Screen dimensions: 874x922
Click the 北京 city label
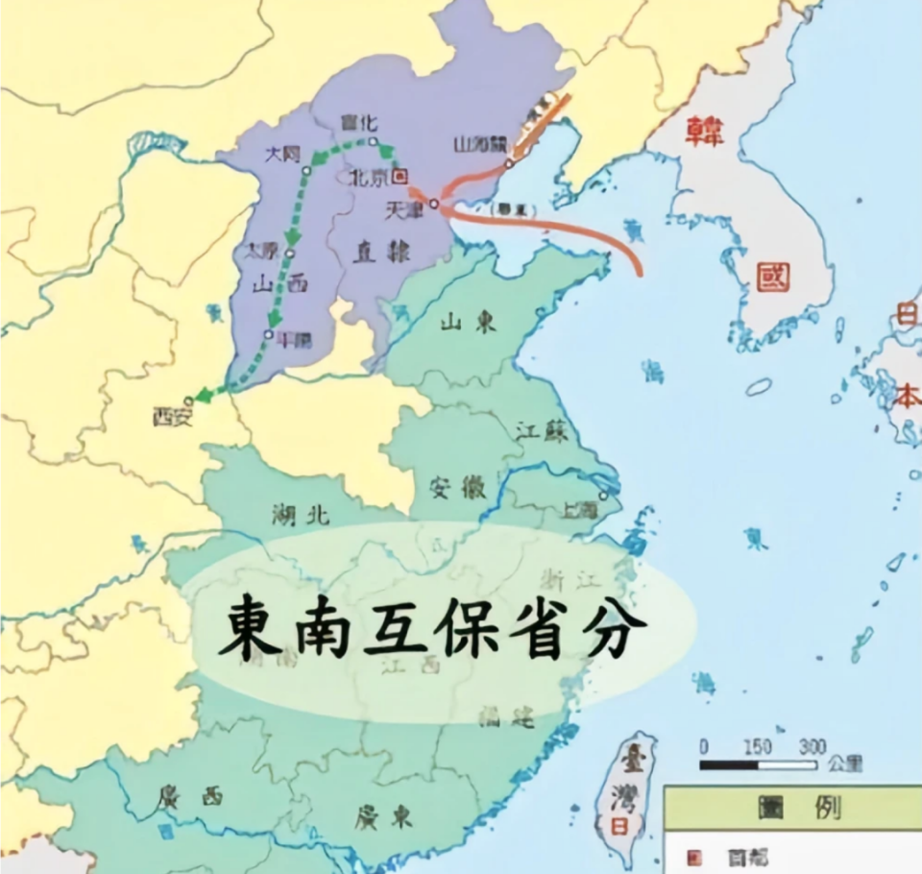[x=369, y=178]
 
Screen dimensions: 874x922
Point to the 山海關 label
[x=477, y=145]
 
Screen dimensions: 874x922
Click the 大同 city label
[x=283, y=154]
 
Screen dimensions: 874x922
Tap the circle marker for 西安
[x=189, y=400]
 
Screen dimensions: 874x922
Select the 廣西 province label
[x=192, y=796]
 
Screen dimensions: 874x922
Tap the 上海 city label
[x=582, y=510]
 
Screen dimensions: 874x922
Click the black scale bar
[x=759, y=765]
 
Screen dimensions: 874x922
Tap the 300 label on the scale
[x=812, y=746]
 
